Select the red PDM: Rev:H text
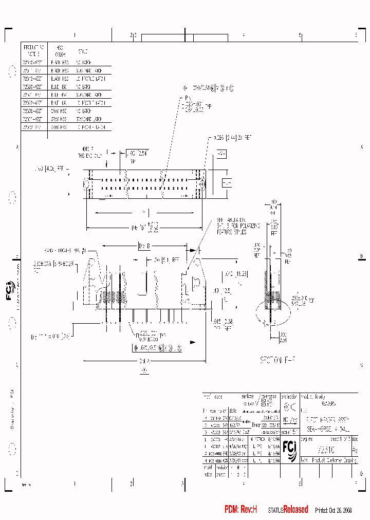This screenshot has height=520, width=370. [240, 509]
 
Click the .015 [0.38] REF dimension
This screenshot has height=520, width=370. [223, 323]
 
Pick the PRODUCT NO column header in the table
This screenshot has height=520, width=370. [33, 49]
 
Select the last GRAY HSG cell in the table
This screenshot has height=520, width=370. [58, 126]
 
